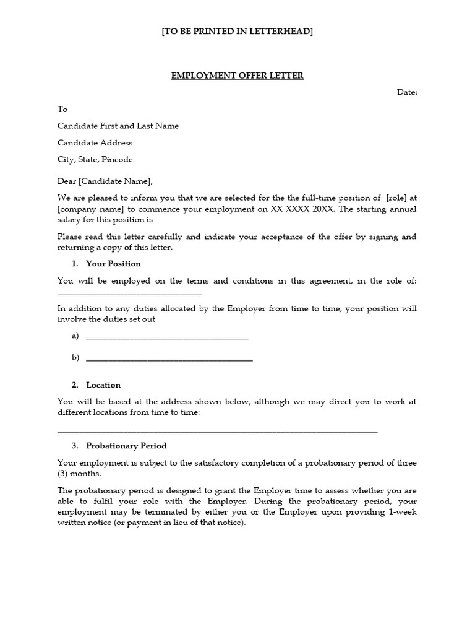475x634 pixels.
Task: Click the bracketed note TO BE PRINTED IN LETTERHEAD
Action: coord(237,32)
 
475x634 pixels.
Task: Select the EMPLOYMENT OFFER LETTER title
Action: coord(237,76)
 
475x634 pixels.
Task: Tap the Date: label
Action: coord(407,92)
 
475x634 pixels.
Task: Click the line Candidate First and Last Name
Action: coord(118,126)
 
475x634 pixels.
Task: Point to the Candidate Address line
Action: coord(95,142)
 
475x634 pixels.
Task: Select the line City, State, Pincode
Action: coord(95,159)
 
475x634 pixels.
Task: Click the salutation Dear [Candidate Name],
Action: coord(105,181)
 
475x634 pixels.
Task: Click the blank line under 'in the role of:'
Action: coord(130,293)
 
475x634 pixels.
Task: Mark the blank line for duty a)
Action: coord(167,338)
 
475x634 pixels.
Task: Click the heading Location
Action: coord(103,385)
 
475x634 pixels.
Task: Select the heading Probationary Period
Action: coord(126,446)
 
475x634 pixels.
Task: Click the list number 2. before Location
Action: coord(75,385)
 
